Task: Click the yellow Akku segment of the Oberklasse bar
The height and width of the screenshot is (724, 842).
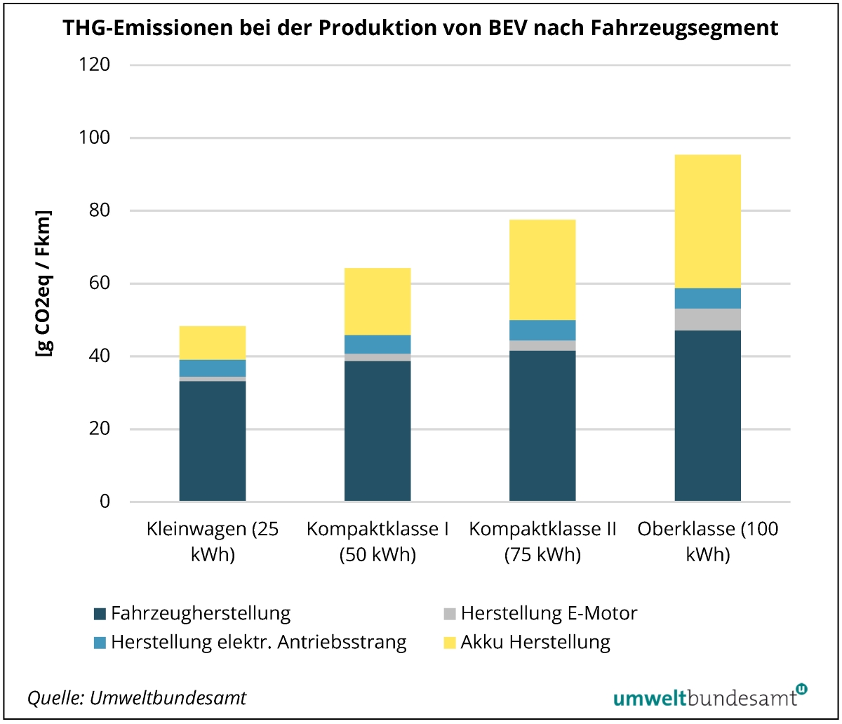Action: click(707, 221)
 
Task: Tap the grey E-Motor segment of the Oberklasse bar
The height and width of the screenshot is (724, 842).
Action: click(707, 319)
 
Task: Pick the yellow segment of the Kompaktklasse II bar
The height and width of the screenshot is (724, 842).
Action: click(542, 269)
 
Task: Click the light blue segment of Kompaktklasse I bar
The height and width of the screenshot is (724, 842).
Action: click(377, 344)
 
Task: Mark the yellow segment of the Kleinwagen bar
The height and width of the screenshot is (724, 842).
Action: click(213, 342)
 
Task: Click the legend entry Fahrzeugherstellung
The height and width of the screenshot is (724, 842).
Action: click(200, 613)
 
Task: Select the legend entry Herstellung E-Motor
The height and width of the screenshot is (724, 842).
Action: click(549, 613)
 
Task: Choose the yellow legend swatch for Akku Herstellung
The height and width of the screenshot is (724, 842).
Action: click(449, 642)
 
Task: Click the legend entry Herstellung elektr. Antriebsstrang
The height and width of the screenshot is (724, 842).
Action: click(258, 642)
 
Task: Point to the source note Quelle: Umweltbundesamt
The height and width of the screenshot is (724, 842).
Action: click(137, 698)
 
